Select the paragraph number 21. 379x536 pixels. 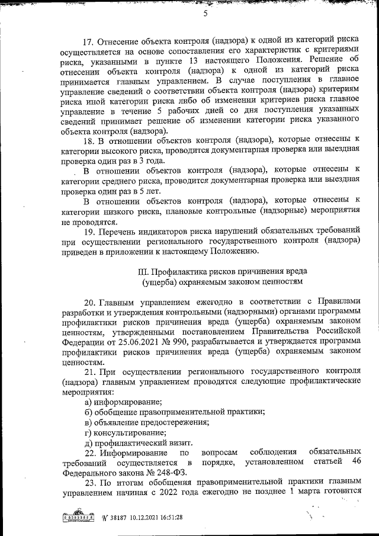pyautogui.click(x=90, y=371)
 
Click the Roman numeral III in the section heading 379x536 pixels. pyautogui.click(x=143, y=271)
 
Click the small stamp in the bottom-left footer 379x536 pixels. pyautogui.click(x=79, y=517)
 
